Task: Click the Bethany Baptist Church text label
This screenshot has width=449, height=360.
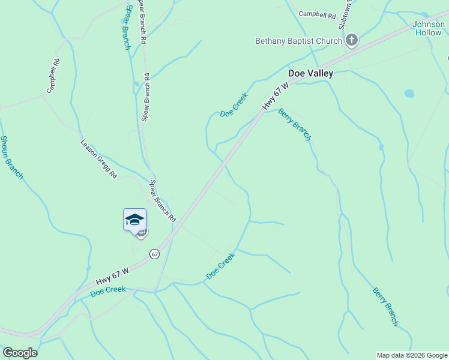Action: [298, 41]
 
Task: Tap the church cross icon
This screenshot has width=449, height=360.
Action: [352, 41]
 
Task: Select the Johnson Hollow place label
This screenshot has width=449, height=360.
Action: [428, 28]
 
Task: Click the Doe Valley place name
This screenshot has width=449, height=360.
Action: [310, 73]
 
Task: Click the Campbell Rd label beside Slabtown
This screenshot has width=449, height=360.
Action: [316, 13]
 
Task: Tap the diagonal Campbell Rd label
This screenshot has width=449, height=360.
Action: [53, 76]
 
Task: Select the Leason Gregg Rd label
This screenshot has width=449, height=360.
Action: [99, 159]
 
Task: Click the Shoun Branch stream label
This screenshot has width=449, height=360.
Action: [11, 157]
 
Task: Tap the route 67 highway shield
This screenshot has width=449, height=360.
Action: [155, 254]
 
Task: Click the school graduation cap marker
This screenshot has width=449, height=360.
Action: [135, 220]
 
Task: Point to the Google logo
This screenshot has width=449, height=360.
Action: [20, 353]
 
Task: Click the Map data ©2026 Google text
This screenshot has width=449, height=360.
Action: [412, 355]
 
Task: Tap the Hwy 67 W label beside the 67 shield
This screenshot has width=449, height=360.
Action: [112, 276]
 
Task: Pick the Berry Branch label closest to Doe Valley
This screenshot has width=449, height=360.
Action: [295, 124]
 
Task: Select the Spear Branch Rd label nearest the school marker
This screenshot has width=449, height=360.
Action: [162, 200]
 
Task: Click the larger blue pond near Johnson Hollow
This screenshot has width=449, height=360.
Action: [409, 94]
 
